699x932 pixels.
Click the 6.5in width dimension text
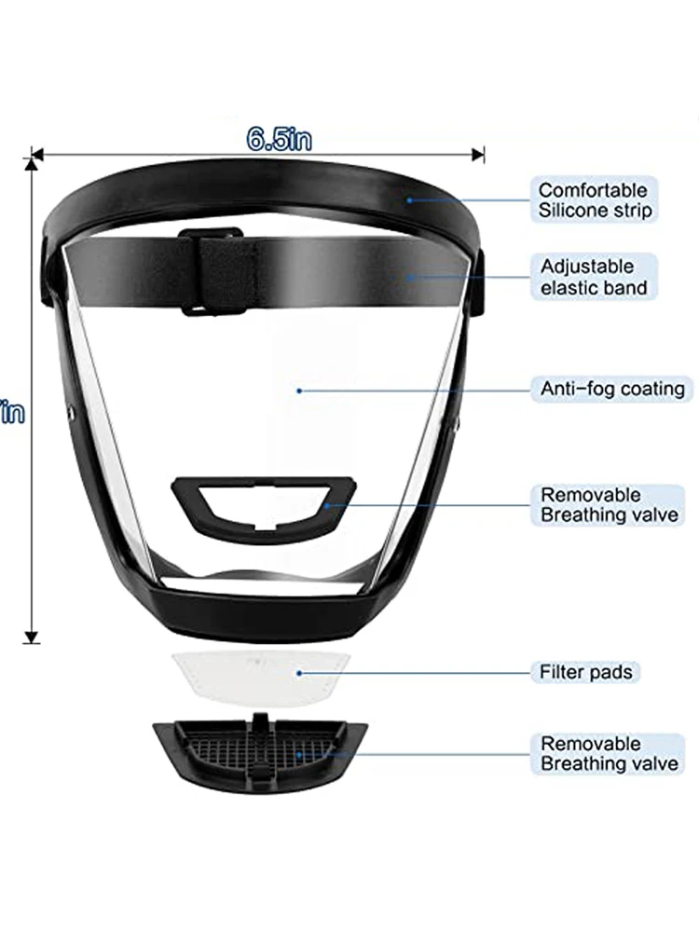[279, 140]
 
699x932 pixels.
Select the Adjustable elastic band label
[594, 278]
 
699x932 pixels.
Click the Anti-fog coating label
[612, 388]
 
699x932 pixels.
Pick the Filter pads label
[586, 671]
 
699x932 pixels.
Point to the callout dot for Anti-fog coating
[299, 390]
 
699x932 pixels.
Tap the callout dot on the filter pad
[297, 671]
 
